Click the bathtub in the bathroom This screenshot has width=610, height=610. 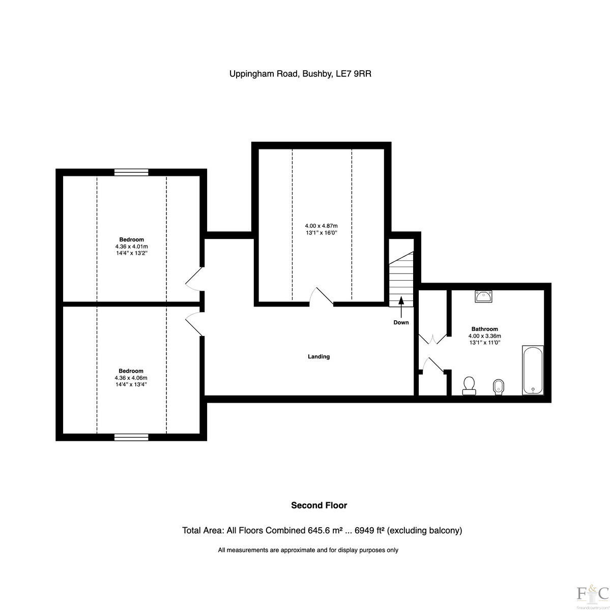tap(533, 370)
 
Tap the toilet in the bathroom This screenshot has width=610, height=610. tap(469, 385)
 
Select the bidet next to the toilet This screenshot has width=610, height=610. tap(499, 387)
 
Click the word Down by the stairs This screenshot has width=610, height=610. tap(401, 322)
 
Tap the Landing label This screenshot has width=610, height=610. tap(318, 356)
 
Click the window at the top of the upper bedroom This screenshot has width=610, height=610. tap(131, 172)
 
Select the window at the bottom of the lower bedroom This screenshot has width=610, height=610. tap(131, 437)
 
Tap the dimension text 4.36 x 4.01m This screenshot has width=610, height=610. tap(131, 246)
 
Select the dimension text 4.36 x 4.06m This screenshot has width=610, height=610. tap(131, 378)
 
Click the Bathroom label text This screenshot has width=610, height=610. tap(484, 329)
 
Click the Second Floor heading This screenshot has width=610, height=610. tap(318, 505)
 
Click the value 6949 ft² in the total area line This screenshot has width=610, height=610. tap(369, 530)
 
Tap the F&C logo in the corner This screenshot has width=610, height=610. tap(592, 593)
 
